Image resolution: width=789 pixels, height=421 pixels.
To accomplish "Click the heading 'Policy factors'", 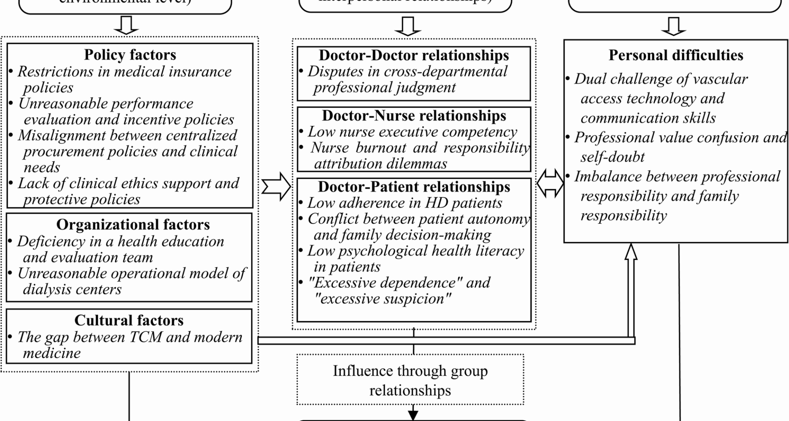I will coord(130,55).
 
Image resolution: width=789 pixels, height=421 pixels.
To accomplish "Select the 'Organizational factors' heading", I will coord(133,224).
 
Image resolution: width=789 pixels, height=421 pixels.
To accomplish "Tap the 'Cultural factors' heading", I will coord(129,320).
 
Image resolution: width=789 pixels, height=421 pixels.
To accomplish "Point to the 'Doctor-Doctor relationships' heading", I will coord(413,55).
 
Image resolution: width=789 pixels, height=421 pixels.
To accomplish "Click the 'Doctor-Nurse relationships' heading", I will coord(414,116).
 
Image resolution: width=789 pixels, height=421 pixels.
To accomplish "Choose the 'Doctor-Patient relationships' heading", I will coord(414,187).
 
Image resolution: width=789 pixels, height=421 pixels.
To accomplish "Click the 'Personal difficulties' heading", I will coord(676,55).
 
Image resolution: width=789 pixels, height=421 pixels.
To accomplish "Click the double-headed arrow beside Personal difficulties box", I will coord(550,183).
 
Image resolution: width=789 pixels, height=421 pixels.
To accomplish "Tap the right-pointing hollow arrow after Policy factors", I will coord(276,186).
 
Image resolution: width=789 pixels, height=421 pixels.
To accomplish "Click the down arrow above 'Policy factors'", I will coord(126,25).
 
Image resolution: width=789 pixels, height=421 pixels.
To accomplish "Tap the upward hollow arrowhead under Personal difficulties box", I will coord(631,252).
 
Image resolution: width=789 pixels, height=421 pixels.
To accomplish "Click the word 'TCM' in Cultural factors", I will coord(147,337).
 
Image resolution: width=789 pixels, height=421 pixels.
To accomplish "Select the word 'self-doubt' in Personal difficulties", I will coord(612,157).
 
